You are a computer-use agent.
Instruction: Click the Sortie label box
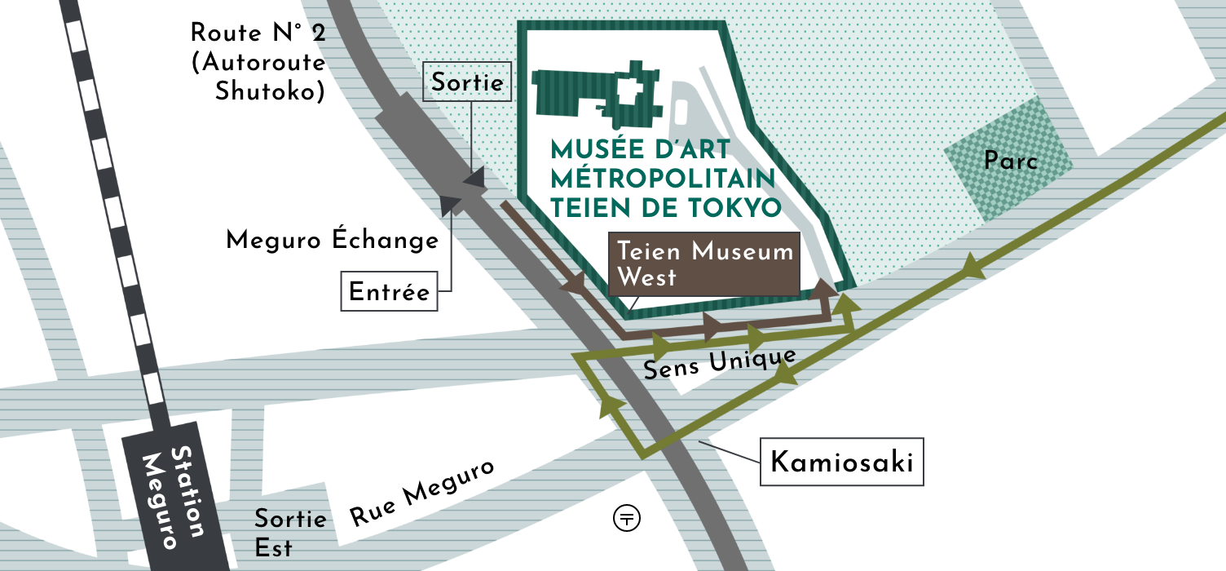tap(467, 82)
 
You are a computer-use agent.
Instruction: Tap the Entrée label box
tap(389, 292)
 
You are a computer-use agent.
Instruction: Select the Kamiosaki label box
tap(842, 463)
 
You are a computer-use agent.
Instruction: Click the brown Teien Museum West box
tap(704, 264)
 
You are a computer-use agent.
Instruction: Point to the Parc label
tap(1011, 161)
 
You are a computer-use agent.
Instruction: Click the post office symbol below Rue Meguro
tap(627, 517)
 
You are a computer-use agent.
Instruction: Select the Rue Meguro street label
tap(422, 492)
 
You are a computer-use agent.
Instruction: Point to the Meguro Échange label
tap(333, 241)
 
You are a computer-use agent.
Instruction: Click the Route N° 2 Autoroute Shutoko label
tap(259, 63)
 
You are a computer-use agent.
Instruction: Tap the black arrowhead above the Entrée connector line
tap(450, 205)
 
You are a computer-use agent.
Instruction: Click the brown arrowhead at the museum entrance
tap(826, 287)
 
